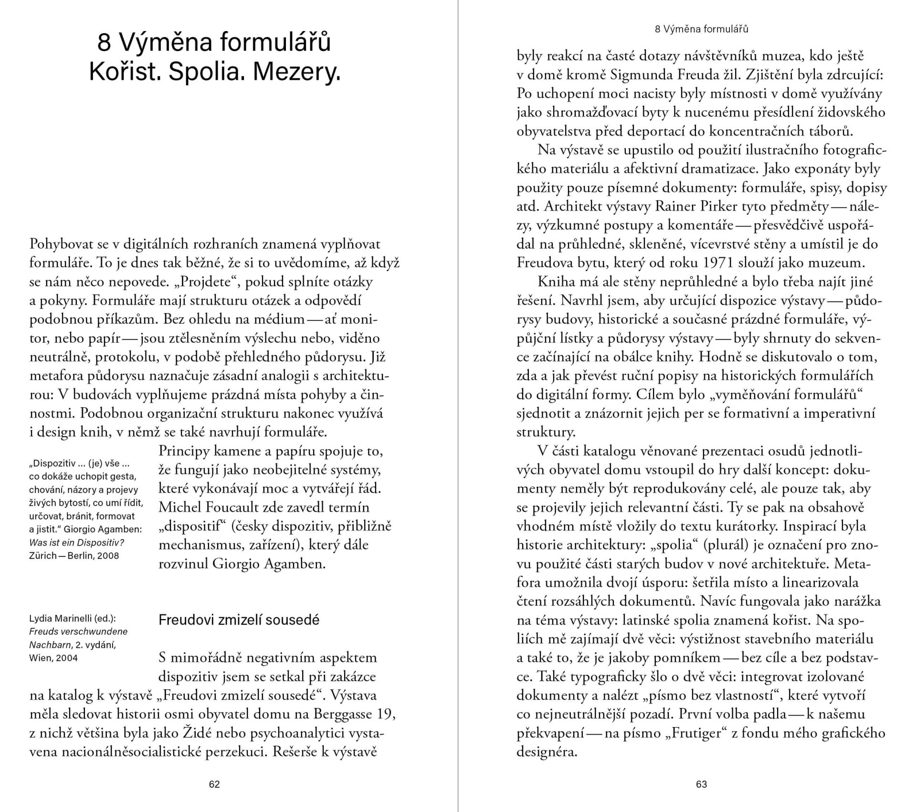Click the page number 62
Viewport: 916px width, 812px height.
coord(214,784)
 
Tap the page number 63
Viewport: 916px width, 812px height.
coord(701,784)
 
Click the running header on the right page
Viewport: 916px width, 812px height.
coord(701,29)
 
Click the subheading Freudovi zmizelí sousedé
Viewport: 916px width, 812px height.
coord(239,620)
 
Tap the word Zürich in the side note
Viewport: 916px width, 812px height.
coord(43,555)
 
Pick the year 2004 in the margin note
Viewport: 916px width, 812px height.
coord(67,658)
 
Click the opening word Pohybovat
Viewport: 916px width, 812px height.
coord(62,244)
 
